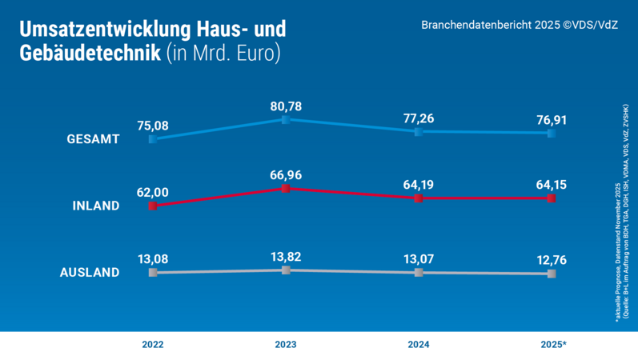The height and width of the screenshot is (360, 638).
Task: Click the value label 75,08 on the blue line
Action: tap(153, 126)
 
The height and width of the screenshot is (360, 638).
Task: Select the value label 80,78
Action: tap(286, 106)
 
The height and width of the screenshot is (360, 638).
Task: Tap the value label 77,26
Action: tap(419, 118)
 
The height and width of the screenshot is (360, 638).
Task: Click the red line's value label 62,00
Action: tap(153, 193)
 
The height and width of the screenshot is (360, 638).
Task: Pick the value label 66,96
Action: tap(286, 174)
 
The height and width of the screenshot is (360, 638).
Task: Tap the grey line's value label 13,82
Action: tap(286, 257)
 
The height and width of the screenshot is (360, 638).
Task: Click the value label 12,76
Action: tap(552, 260)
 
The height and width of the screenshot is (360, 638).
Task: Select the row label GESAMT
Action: tap(93, 139)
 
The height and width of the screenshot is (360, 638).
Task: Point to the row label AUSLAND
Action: tap(90, 272)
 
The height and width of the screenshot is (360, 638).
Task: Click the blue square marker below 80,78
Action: tap(286, 120)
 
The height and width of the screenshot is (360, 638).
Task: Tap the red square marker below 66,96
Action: tap(286, 189)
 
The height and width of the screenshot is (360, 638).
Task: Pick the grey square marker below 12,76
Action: tap(552, 274)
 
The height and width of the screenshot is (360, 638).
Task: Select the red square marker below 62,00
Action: tap(153, 206)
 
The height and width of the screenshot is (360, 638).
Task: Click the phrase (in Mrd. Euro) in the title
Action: tap(224, 54)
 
